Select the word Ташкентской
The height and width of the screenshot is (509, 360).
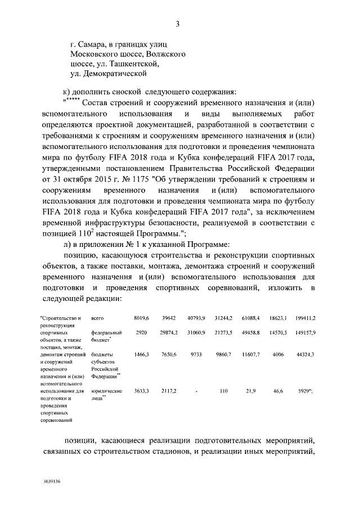click(128, 64)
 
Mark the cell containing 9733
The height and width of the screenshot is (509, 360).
click(198, 355)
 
